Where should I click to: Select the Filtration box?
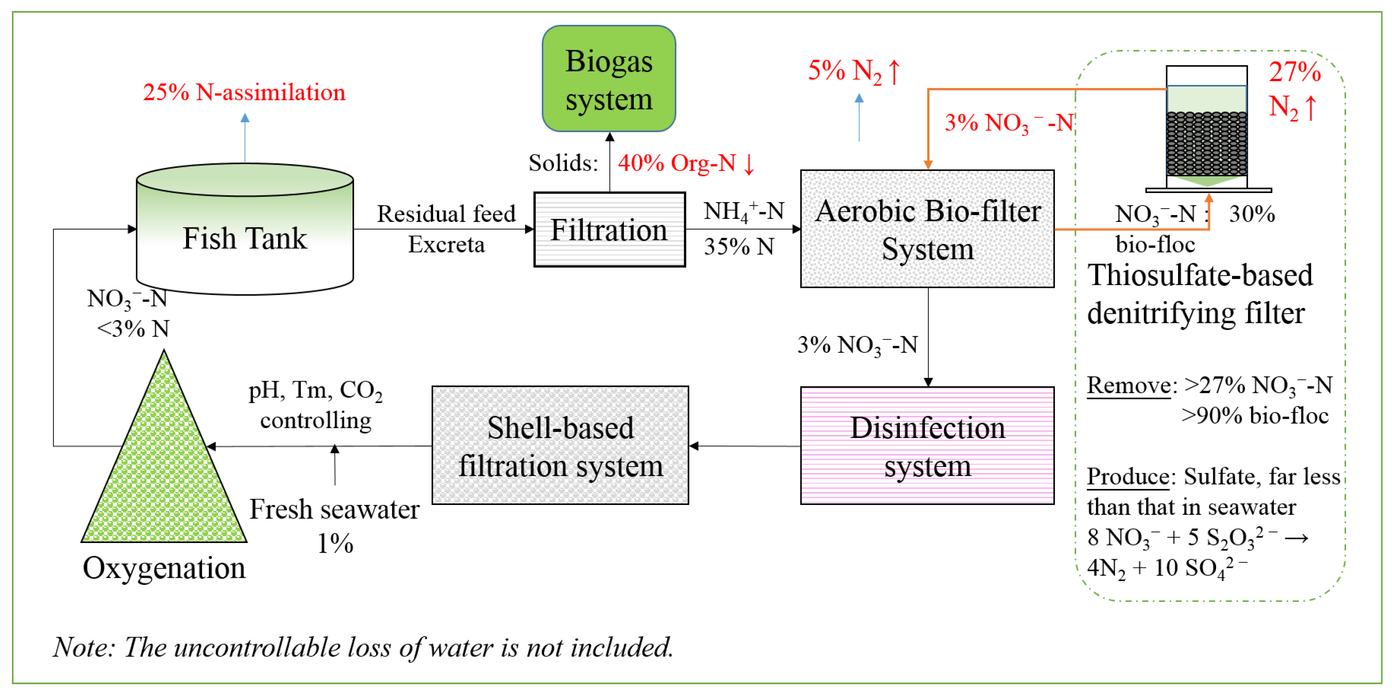609,229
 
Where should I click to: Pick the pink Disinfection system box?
927,446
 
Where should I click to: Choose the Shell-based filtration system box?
560,446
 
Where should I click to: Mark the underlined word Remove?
1128,385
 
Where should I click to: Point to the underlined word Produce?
1128,477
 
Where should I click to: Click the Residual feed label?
446,214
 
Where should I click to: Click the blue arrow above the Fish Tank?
245,138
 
